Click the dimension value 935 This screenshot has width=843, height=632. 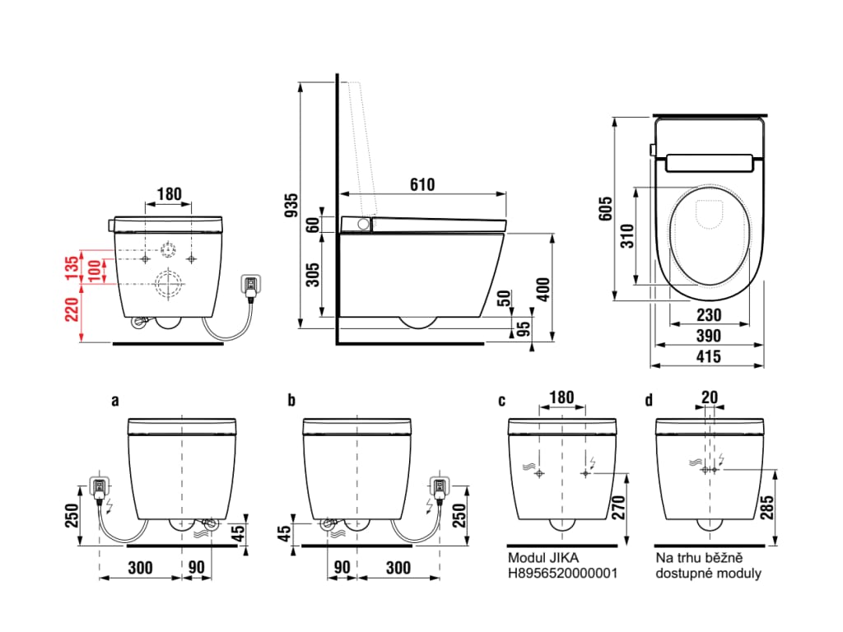pyautogui.click(x=291, y=205)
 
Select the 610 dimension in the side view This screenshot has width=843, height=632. pyautogui.click(x=422, y=184)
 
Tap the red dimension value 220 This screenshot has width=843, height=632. pyautogui.click(x=72, y=309)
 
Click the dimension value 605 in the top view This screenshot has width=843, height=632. pyautogui.click(x=605, y=208)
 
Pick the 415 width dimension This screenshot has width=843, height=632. pyautogui.click(x=709, y=356)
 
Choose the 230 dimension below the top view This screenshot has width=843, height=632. pyautogui.click(x=709, y=315)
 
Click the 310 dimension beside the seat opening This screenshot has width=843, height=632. pyautogui.click(x=627, y=236)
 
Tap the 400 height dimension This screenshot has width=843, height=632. pyautogui.click(x=543, y=289)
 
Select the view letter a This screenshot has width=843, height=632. pyautogui.click(x=115, y=401)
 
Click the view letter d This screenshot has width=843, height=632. pyautogui.click(x=649, y=401)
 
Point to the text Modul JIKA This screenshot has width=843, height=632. pyautogui.click(x=543, y=558)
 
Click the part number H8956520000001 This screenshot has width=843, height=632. pyautogui.click(x=562, y=574)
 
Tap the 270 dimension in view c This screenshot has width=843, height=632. pyautogui.click(x=618, y=508)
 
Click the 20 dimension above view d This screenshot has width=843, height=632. pyautogui.click(x=710, y=397)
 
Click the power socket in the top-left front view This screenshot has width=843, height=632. pyautogui.click(x=251, y=286)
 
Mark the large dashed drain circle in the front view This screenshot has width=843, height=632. pyautogui.click(x=170, y=283)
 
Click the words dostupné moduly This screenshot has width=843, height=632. pyautogui.click(x=708, y=574)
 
